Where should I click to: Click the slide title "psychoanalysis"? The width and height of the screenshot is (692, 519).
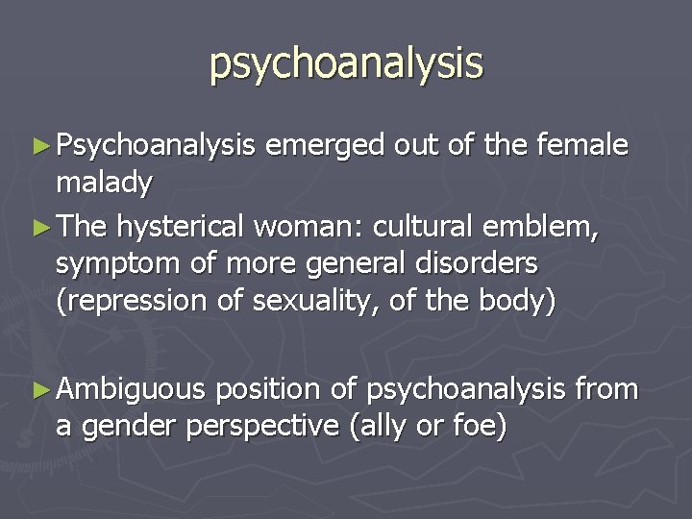click(346, 63)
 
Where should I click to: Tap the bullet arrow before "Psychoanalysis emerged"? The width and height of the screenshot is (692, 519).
click(42, 146)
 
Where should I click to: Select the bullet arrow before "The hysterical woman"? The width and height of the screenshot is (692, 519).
click(42, 229)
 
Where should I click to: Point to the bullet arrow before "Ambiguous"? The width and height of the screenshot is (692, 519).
click(42, 390)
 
